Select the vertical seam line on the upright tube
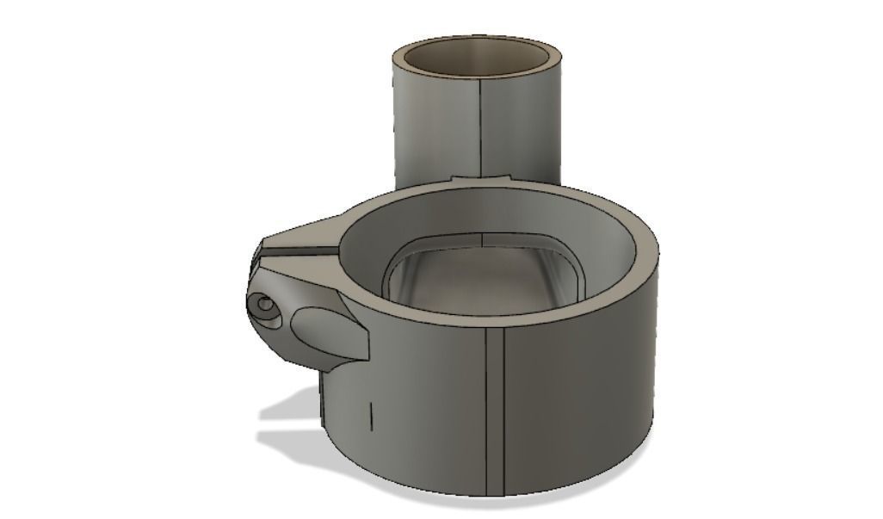pos(479,129)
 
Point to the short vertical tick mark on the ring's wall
pos(370,415)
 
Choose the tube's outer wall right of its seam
pos(525,129)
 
